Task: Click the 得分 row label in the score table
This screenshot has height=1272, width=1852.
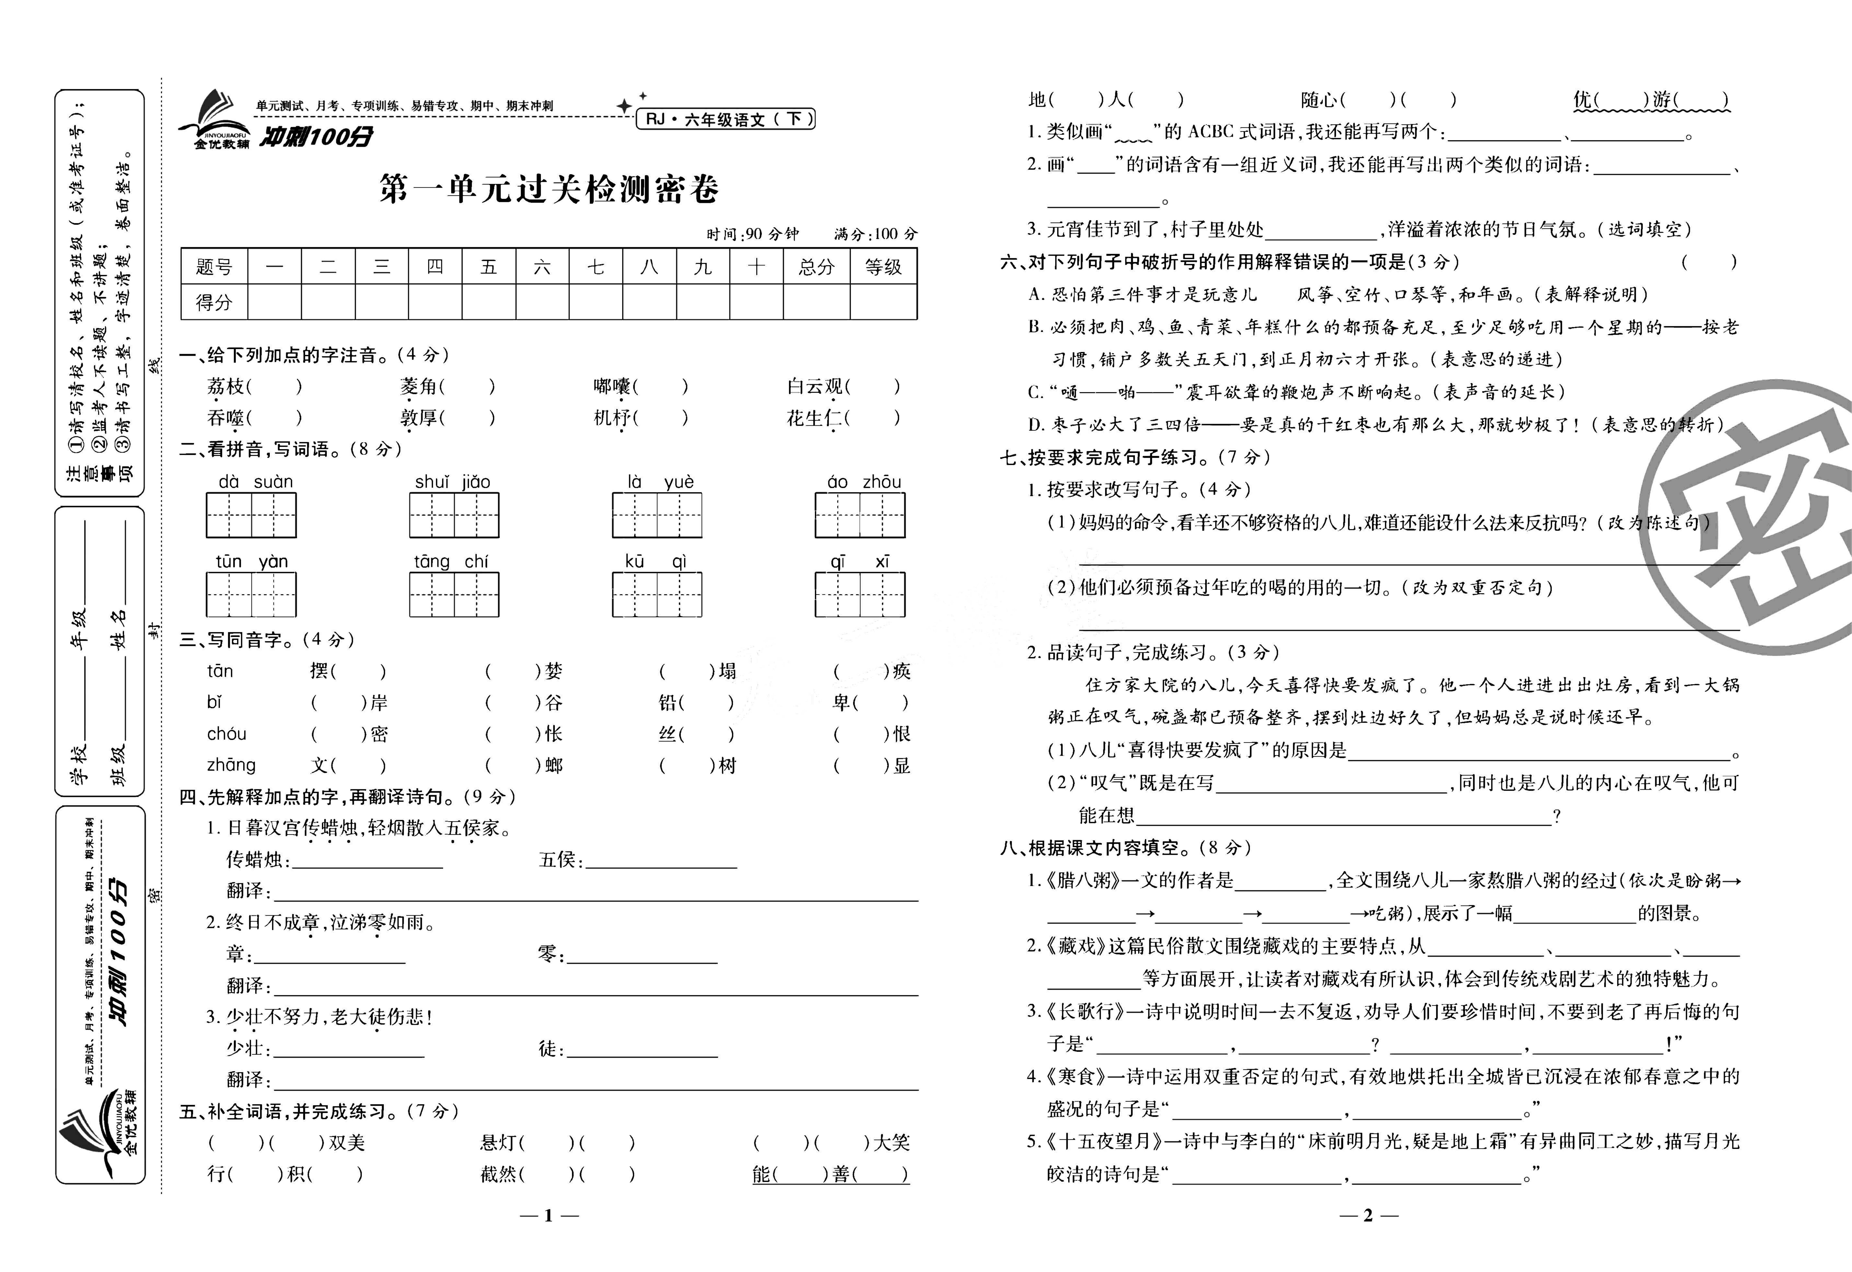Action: [x=214, y=302]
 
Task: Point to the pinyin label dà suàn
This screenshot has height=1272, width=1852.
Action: [x=255, y=481]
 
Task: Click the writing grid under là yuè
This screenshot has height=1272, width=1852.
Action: [x=657, y=515]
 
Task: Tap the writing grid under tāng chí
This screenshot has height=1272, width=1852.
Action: [x=454, y=595]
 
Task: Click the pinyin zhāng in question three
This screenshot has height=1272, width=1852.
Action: [x=231, y=765]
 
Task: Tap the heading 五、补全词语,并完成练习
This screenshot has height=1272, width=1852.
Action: [x=319, y=1111]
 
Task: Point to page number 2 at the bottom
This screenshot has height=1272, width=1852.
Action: [x=1368, y=1215]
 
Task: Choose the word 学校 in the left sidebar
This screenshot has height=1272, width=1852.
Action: [x=80, y=764]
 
